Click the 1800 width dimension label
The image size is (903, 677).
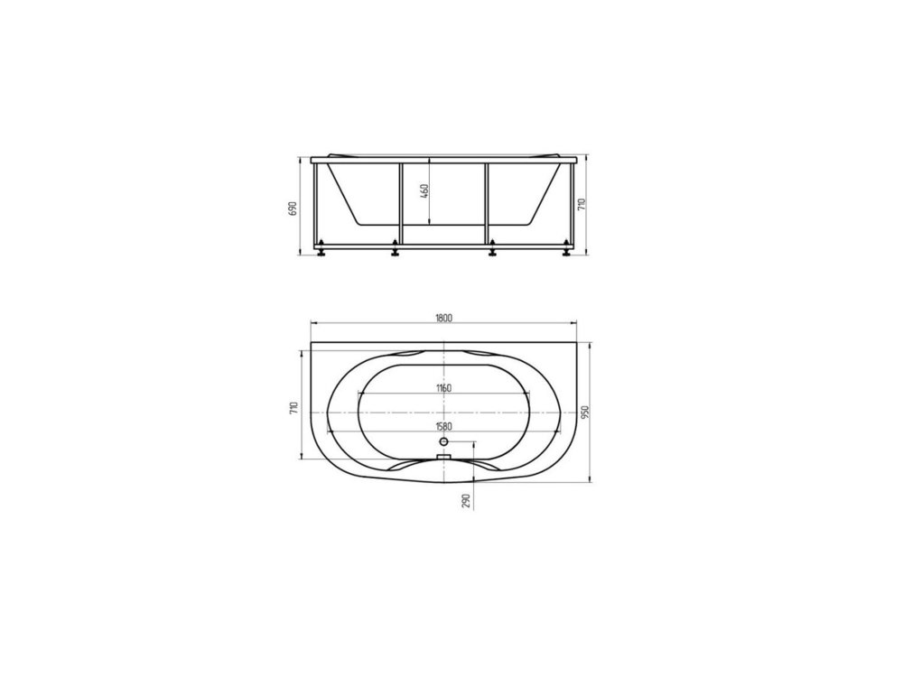(x=443, y=318)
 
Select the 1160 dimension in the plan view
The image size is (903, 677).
(x=443, y=388)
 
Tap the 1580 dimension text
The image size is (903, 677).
(x=443, y=427)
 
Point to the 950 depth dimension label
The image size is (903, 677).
(x=585, y=413)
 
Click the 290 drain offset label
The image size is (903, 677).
(x=467, y=501)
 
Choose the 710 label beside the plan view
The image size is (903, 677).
(x=293, y=409)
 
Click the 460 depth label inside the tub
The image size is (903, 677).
(x=424, y=191)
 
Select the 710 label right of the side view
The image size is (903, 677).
(x=582, y=204)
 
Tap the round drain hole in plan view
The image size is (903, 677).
(x=443, y=441)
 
